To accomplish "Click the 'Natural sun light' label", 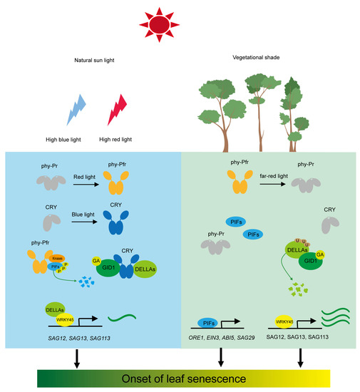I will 93,62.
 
